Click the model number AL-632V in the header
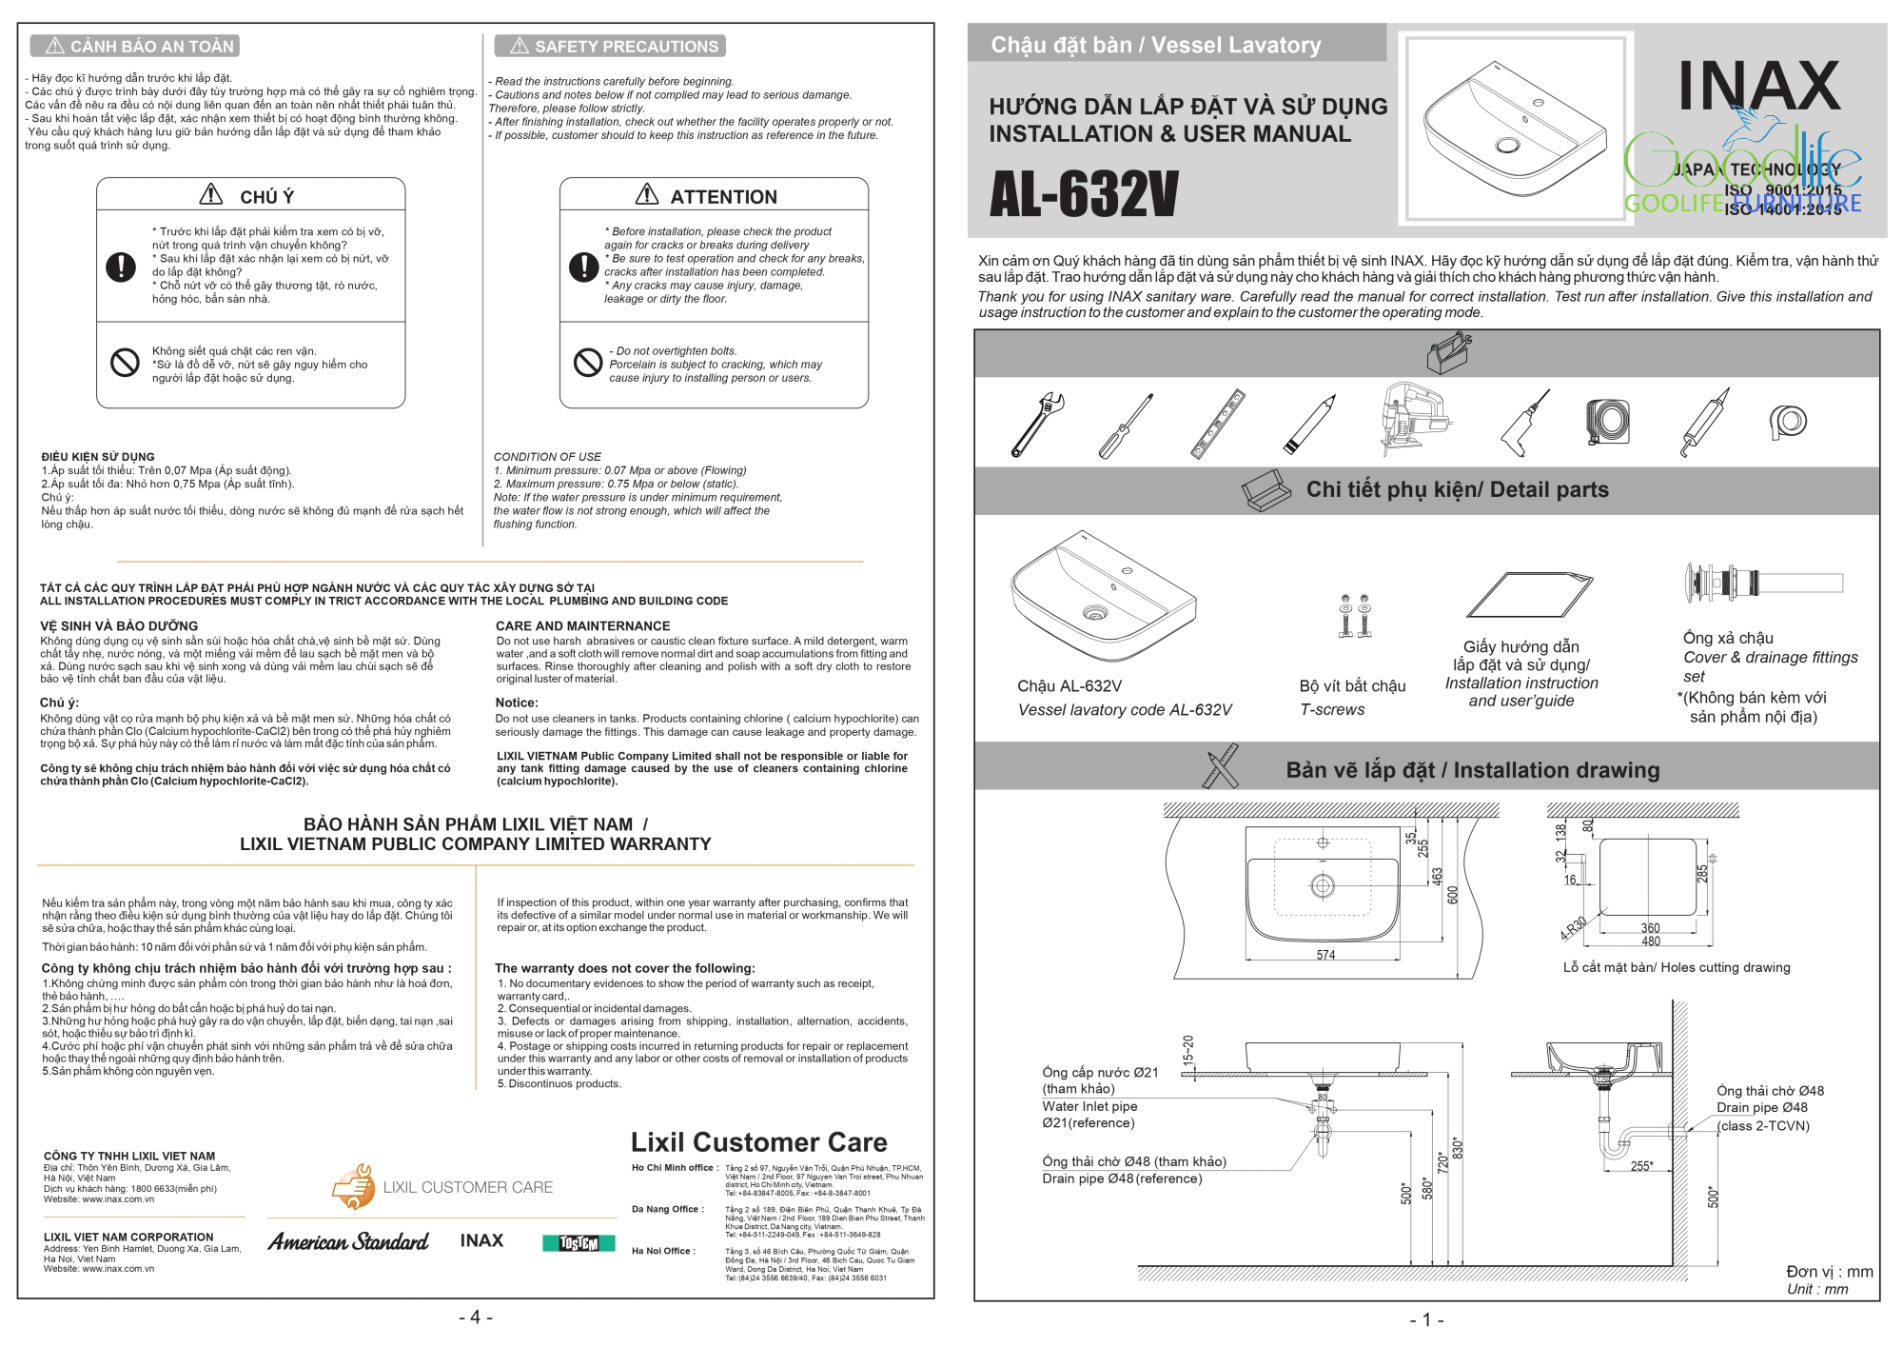click(x=1084, y=194)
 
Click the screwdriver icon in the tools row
click(x=1126, y=426)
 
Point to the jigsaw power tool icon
click(x=1414, y=418)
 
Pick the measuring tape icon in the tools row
click(x=1608, y=421)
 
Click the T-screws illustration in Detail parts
click(x=1354, y=615)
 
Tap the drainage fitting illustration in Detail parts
click(x=1761, y=583)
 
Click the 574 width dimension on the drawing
click(x=1325, y=955)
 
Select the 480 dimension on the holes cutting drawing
click(x=1651, y=941)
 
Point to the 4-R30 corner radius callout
click(x=1573, y=928)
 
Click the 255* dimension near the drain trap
click(x=1641, y=1166)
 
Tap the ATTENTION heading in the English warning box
click(x=722, y=197)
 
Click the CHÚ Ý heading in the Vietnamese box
click(x=265, y=197)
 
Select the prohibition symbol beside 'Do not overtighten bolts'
click(x=587, y=363)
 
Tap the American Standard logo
click(x=348, y=1242)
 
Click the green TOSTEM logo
click(x=579, y=1243)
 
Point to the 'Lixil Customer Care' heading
click(x=758, y=1142)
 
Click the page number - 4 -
click(x=476, y=1317)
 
